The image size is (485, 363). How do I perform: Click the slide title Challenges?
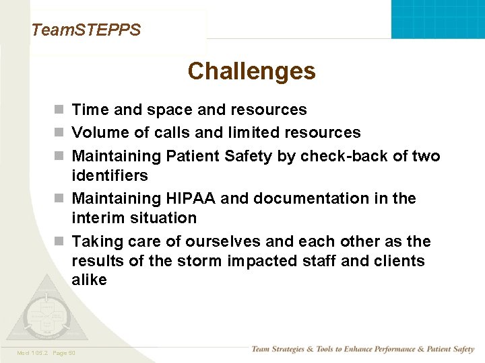pyautogui.click(x=251, y=71)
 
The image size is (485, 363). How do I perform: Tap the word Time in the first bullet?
pyautogui.click(x=89, y=110)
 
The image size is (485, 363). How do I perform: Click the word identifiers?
pyautogui.click(x=110, y=175)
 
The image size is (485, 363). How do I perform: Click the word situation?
pyautogui.click(x=164, y=218)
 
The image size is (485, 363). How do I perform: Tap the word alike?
pyautogui.click(x=89, y=280)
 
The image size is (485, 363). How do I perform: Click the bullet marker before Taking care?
pyautogui.click(x=59, y=242)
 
